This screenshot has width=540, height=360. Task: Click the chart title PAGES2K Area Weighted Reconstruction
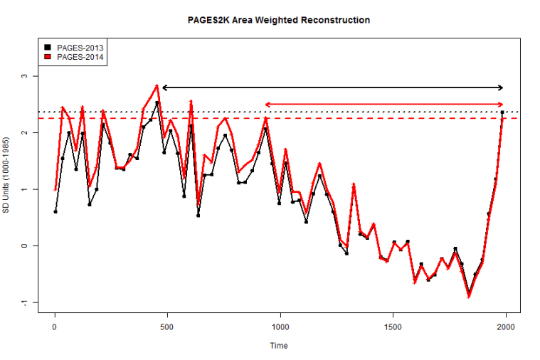pyautogui.click(x=273, y=20)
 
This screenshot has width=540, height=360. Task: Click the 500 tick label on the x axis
pyautogui.click(x=167, y=327)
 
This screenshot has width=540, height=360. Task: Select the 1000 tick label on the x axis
pyautogui.click(x=280, y=327)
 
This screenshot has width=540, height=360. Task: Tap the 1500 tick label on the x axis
pyautogui.click(x=393, y=327)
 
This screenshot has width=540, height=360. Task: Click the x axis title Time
pyautogui.click(x=279, y=346)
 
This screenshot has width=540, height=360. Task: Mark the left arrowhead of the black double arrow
pyautogui.click(x=164, y=88)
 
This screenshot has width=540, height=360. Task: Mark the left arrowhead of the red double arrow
pyautogui.click(x=267, y=105)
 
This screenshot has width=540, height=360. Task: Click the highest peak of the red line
pyautogui.click(x=157, y=85)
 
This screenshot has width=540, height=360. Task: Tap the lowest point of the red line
pyautogui.click(x=469, y=296)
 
